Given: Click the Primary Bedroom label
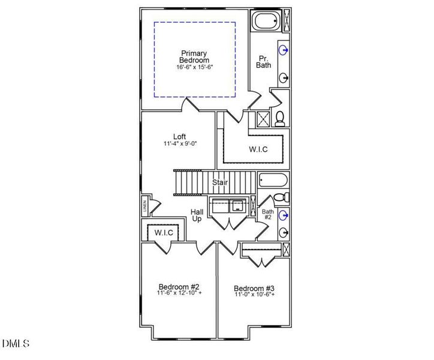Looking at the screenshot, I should click(x=195, y=57).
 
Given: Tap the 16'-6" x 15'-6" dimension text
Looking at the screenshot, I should click(x=195, y=67).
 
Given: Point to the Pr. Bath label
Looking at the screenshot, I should click(x=264, y=62).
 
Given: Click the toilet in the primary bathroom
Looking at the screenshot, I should click(x=279, y=118).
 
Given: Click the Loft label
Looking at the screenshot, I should click(x=179, y=136).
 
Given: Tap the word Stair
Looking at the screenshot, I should click(x=220, y=181).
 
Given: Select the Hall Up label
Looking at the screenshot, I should click(x=197, y=215).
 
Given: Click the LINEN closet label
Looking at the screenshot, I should click(x=144, y=208).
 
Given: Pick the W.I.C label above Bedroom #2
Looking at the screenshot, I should click(x=164, y=232).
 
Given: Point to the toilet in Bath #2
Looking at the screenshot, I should click(x=281, y=197).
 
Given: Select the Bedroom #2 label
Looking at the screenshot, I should click(x=179, y=286).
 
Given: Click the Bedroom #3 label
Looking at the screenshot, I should click(x=254, y=288).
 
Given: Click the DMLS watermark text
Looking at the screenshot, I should click(x=16, y=344).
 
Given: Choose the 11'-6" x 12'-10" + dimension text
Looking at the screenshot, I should click(x=179, y=294).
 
